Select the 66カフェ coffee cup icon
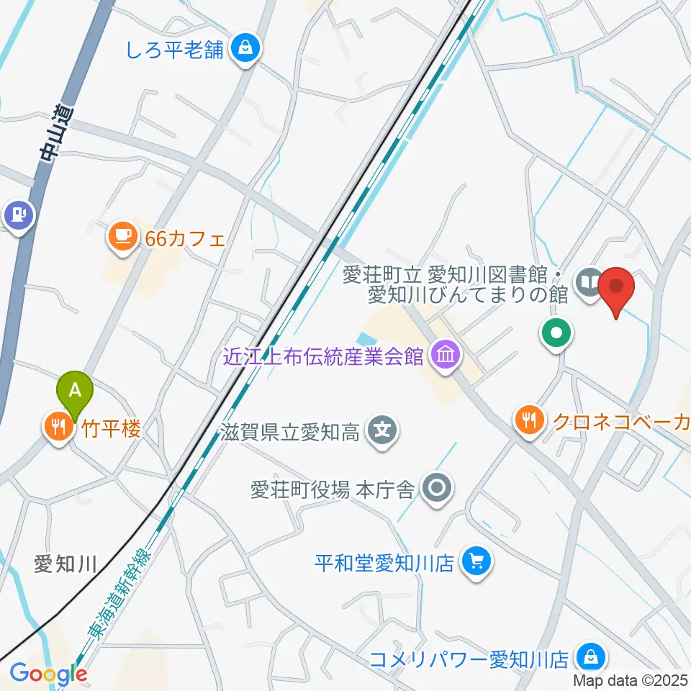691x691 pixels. click(x=122, y=236)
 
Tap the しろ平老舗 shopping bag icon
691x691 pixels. click(x=246, y=49)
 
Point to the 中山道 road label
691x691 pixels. click(x=49, y=133)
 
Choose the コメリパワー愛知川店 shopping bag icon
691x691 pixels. click(x=590, y=656)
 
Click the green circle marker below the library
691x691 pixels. click(x=557, y=333)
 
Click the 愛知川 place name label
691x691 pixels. click(x=65, y=564)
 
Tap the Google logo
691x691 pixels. click(x=49, y=674)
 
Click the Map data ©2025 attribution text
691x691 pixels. click(x=631, y=679)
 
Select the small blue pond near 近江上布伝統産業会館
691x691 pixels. click(x=365, y=338)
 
